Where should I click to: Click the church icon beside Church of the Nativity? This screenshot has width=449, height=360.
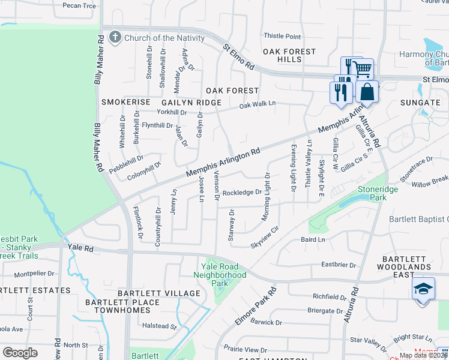(x=116, y=38)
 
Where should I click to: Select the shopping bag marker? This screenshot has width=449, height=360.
(x=367, y=92)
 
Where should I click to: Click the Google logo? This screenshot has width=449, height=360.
(x=20, y=352)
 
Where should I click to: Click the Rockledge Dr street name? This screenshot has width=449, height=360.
(x=242, y=193)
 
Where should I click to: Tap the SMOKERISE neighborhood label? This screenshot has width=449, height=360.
(x=124, y=103)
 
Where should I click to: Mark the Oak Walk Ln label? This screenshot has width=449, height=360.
(x=257, y=104)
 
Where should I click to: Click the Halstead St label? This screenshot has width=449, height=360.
(x=158, y=327)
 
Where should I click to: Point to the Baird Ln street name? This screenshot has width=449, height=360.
(x=312, y=240)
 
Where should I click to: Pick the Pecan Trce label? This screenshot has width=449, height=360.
(x=79, y=5)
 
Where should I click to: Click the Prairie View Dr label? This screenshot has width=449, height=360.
(x=247, y=350)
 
